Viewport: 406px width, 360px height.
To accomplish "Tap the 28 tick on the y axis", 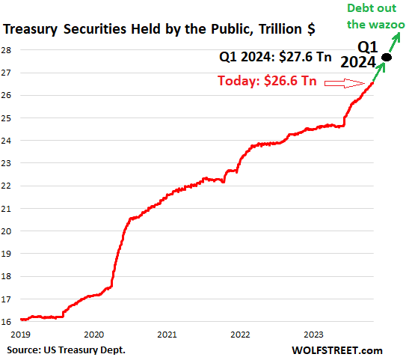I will coord(6,50).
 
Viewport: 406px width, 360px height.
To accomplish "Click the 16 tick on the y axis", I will coord(6,320).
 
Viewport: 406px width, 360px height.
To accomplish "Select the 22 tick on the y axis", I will coord(6,186).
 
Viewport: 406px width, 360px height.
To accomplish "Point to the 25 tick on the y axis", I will coord(6,118).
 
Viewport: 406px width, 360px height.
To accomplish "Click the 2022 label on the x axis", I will coord(240,335).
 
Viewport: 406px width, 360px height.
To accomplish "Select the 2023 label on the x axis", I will coord(313,335).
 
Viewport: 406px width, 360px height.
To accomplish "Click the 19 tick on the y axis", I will coord(6,253).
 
